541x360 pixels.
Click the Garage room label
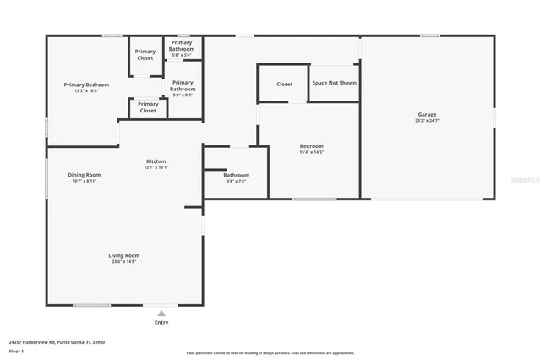click(427, 115)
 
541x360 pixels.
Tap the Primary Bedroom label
click(85, 85)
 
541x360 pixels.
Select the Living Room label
click(123, 255)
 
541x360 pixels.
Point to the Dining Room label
click(85, 175)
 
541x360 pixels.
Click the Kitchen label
click(156, 161)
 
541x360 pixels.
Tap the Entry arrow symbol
click(161, 312)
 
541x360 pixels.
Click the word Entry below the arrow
click(161, 322)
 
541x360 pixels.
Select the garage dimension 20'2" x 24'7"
click(427, 121)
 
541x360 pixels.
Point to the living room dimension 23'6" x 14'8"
click(123, 262)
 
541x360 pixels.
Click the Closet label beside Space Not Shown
click(285, 84)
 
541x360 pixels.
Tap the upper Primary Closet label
click(145, 55)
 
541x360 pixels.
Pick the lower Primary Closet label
click(148, 107)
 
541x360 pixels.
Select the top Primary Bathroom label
click(183, 46)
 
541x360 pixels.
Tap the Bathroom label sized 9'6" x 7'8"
click(236, 175)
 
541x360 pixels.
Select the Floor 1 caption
click(16, 351)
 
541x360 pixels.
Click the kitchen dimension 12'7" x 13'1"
click(156, 167)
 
